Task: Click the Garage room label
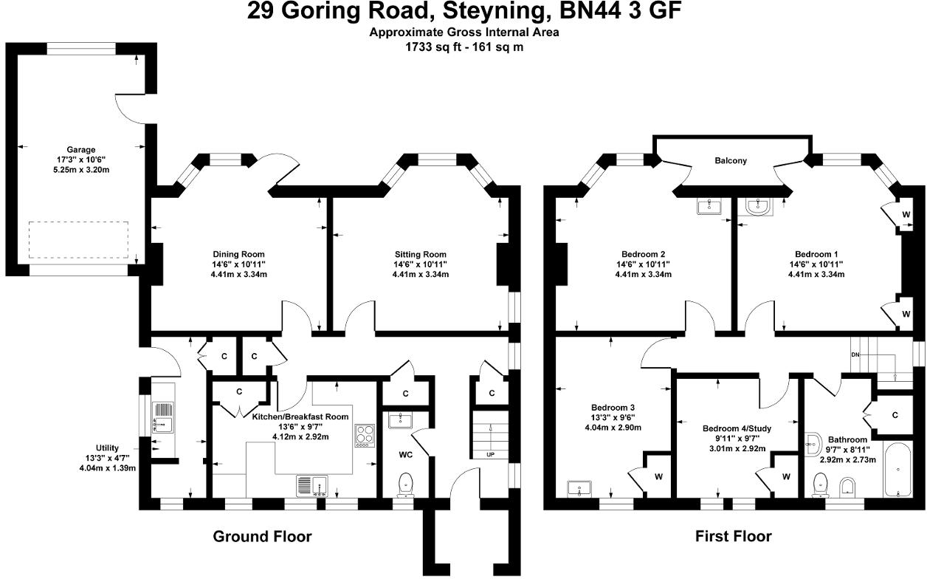80,150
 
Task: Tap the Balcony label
730,160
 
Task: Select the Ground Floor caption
262,537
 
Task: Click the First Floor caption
733,537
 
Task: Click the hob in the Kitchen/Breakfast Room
365,436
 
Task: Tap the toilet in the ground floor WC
405,485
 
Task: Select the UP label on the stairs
490,454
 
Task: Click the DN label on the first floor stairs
856,355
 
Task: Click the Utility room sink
162,424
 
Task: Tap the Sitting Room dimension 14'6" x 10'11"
420,264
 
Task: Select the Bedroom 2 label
643,254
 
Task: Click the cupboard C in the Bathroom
895,416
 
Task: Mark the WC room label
405,454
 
